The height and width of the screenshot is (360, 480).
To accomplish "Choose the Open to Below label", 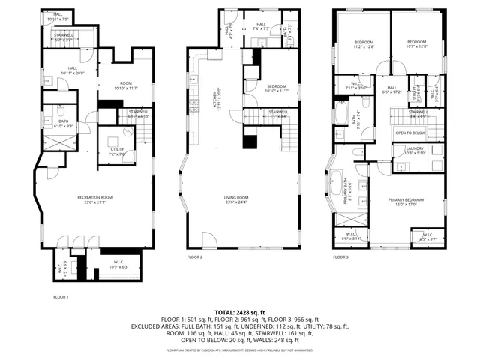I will (x=409, y=133).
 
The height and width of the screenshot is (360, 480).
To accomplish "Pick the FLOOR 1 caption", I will (x=61, y=297).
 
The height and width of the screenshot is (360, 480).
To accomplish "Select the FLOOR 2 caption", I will (x=195, y=257).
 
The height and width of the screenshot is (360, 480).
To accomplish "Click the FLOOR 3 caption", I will (x=340, y=257).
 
